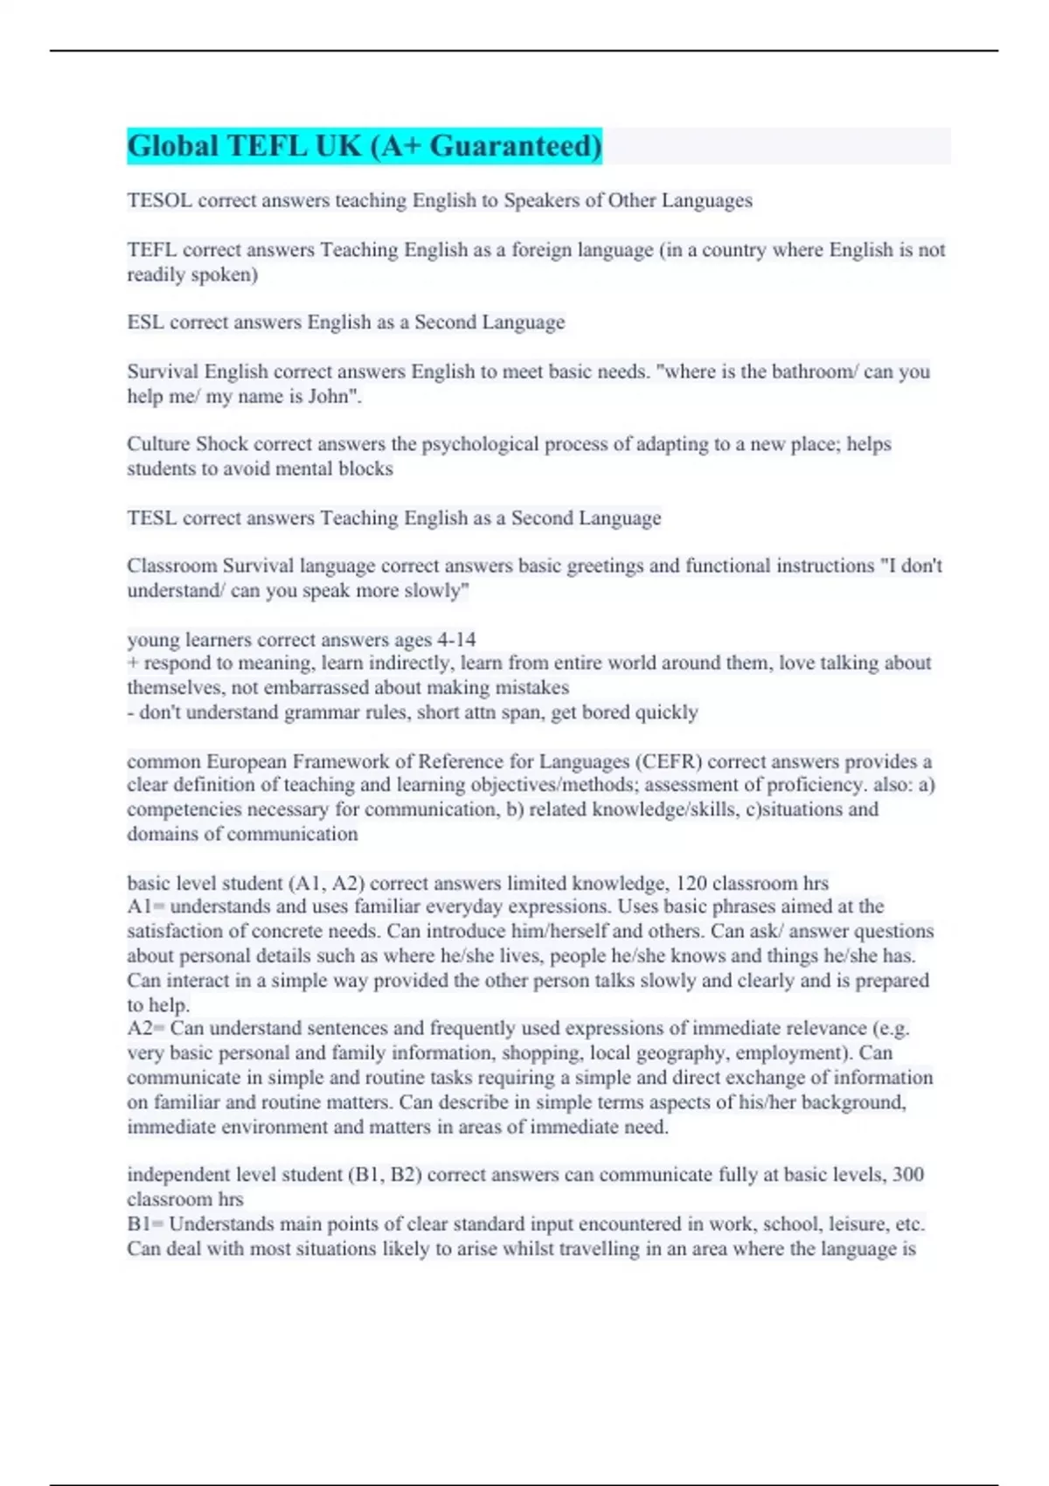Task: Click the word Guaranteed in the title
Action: pos(515,146)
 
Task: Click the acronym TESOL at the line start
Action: pos(159,201)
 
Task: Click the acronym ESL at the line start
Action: pos(145,323)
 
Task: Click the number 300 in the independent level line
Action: pos(907,1175)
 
